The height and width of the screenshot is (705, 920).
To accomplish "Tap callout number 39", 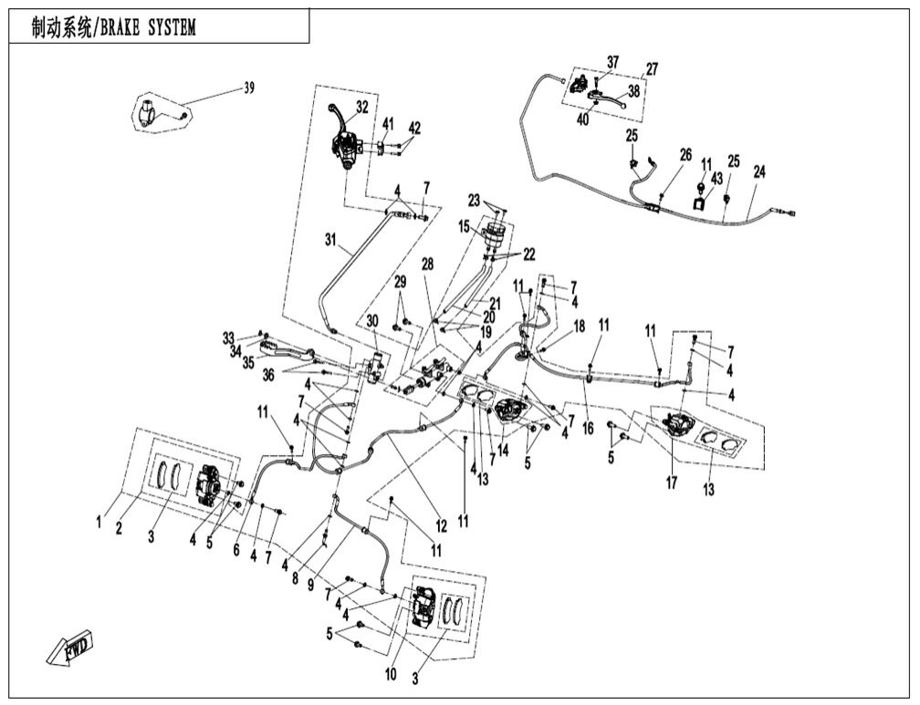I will click(249, 88).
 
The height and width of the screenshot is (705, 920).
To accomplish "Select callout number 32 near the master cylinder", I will click(362, 107).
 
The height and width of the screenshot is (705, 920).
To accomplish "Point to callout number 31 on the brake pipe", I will click(329, 240).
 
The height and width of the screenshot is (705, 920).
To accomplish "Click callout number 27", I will click(652, 69).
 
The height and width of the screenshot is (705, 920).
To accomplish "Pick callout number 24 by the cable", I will click(759, 171).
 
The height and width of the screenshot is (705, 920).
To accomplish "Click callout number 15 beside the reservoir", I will click(464, 225).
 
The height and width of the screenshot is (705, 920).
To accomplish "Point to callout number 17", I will click(671, 482).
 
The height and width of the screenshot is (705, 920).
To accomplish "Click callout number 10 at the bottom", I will click(392, 675).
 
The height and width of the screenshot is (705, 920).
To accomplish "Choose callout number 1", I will click(98, 522).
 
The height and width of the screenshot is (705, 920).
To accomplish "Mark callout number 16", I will click(588, 426).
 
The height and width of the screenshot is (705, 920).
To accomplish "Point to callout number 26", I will click(685, 155).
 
